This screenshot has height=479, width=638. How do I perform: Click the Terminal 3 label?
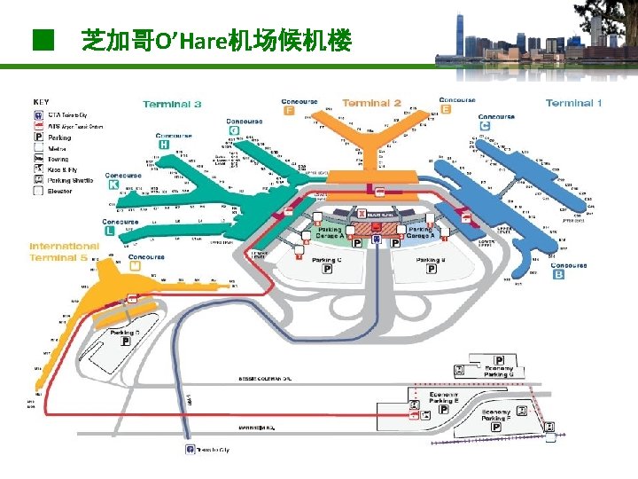pyautogui.click(x=172, y=105)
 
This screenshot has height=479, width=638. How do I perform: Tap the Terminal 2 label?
pyautogui.click(x=371, y=103)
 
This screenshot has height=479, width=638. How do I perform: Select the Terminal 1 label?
pyautogui.click(x=574, y=103)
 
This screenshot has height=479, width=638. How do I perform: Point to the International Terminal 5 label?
pyautogui.click(x=64, y=251)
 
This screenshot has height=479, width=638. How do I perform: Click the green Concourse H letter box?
pyautogui.click(x=163, y=145)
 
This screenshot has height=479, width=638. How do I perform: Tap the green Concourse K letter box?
pyautogui.click(x=113, y=185)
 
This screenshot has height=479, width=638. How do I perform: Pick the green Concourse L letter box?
pyautogui.click(x=109, y=231)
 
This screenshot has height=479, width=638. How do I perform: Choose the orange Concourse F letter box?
pyautogui.click(x=290, y=111)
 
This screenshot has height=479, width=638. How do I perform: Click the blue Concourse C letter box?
pyautogui.click(x=485, y=126)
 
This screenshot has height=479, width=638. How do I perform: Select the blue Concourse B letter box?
pyautogui.click(x=558, y=275)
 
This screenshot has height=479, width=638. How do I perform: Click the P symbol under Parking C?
pyautogui.click(x=327, y=270)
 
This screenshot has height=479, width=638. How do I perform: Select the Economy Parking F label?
pyautogui.click(x=495, y=415)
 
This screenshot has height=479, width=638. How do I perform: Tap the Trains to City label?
pyautogui.click(x=213, y=450)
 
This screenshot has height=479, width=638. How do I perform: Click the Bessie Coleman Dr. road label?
pyautogui.click(x=265, y=379)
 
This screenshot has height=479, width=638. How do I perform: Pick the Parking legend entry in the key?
pyautogui.click(x=59, y=137)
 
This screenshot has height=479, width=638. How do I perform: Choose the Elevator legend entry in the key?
pyautogui.click(x=60, y=191)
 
